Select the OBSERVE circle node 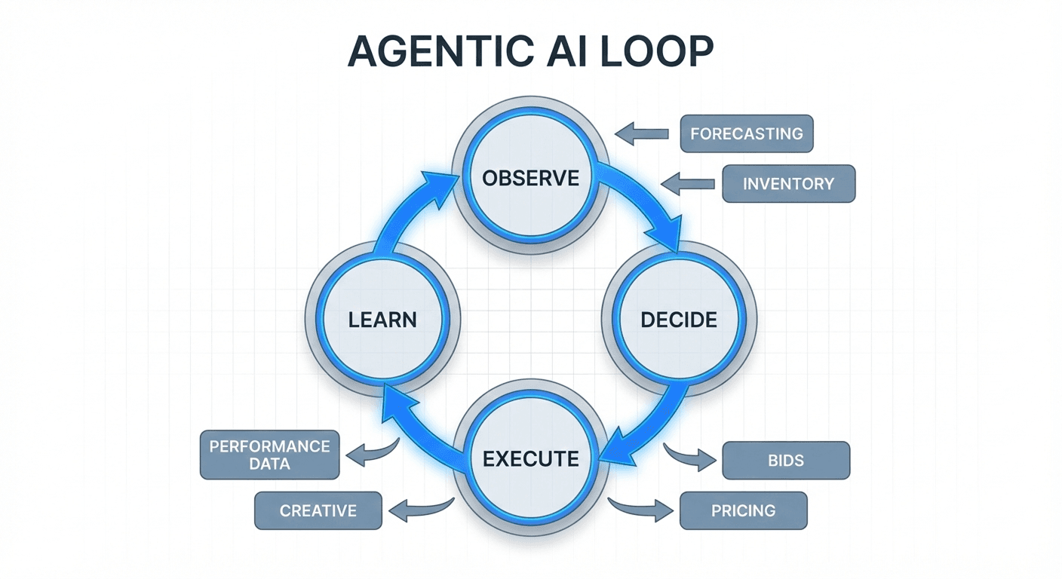[x=531, y=178]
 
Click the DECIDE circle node [x=678, y=320]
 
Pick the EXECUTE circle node [x=531, y=458]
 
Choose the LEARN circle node [x=382, y=320]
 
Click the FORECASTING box [x=746, y=134]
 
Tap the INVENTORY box [x=788, y=183]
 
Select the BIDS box [x=786, y=460]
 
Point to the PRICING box [x=743, y=510]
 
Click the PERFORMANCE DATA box [x=269, y=455]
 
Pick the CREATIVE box [x=318, y=510]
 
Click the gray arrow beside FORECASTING [x=642, y=134]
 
